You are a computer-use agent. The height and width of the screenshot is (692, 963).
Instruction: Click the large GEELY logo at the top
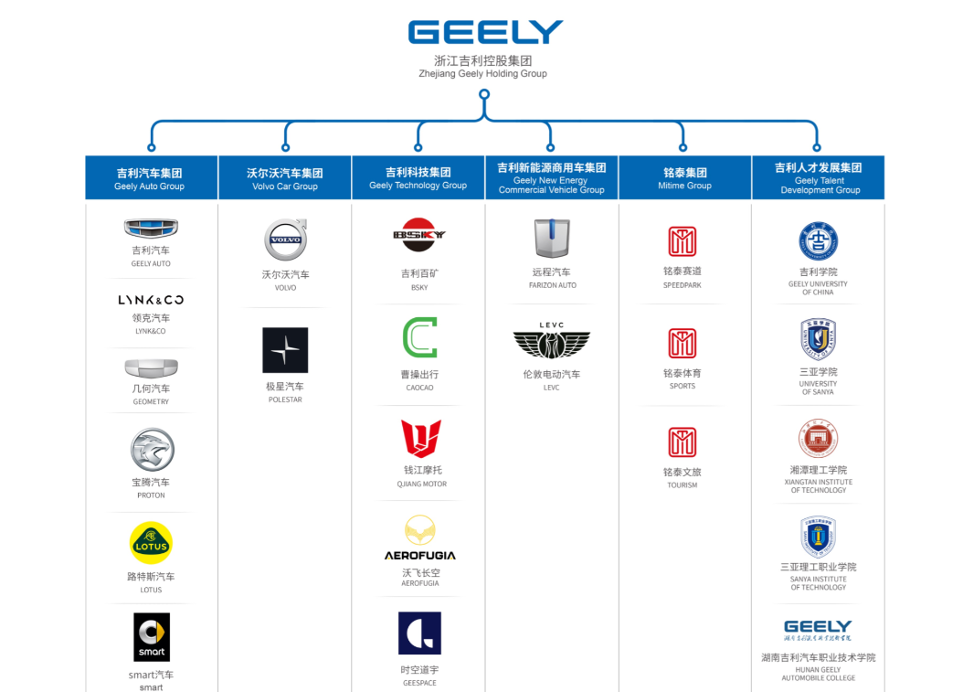485,32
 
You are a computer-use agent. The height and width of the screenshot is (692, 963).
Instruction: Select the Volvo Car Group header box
285,177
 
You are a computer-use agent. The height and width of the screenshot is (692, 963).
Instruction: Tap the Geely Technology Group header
418,177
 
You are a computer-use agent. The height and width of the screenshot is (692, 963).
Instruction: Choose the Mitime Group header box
684,177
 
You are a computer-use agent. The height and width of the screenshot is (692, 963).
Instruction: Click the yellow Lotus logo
151,543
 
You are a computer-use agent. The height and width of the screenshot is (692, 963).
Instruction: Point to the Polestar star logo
285,350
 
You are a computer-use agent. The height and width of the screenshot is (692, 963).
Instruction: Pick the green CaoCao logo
419,338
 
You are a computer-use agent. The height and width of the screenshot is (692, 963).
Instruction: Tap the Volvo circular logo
285,240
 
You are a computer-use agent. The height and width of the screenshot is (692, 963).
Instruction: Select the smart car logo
152,637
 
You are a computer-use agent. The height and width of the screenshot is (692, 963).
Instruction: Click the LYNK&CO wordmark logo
151,300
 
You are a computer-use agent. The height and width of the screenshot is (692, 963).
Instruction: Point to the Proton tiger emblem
151,450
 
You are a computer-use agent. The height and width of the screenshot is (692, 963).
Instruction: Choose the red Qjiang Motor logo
420,439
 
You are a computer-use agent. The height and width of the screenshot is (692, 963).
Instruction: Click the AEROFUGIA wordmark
420,555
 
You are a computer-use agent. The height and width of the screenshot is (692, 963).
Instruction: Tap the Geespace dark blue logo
419,633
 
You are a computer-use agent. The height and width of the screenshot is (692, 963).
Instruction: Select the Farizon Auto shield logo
552,239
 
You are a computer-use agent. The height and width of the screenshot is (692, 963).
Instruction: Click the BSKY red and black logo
419,235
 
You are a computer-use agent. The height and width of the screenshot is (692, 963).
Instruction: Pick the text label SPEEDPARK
683,285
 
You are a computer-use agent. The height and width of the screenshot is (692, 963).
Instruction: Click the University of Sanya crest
818,339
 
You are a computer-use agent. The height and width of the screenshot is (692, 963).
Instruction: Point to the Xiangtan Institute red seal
818,439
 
